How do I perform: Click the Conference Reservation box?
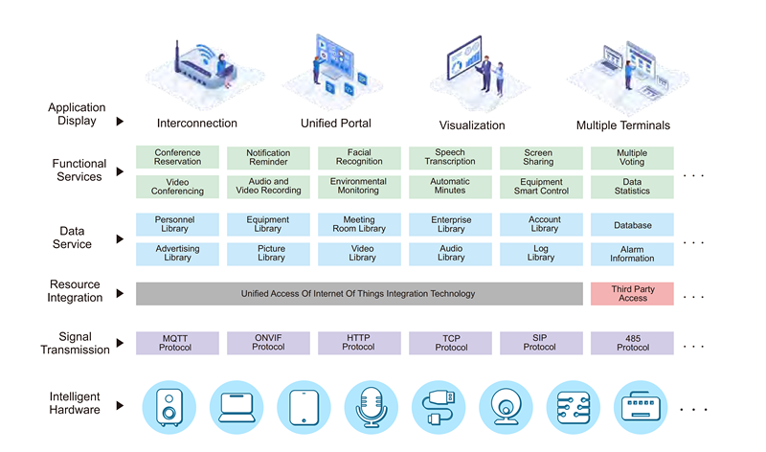(177, 157)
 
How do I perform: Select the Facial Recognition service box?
(359, 157)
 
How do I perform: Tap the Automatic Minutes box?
(450, 186)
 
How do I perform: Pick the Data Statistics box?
(632, 186)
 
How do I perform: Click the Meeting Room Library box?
(359, 225)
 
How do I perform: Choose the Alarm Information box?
(632, 253)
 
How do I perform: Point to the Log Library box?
(541, 253)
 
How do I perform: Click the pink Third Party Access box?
(632, 293)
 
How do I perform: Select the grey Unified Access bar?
(358, 293)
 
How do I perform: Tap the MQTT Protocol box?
(177, 342)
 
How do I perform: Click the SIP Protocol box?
(541, 342)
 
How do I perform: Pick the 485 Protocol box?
(632, 342)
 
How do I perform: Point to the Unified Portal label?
(335, 124)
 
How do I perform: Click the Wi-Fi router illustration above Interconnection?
(200, 67)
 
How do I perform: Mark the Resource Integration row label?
(76, 291)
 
